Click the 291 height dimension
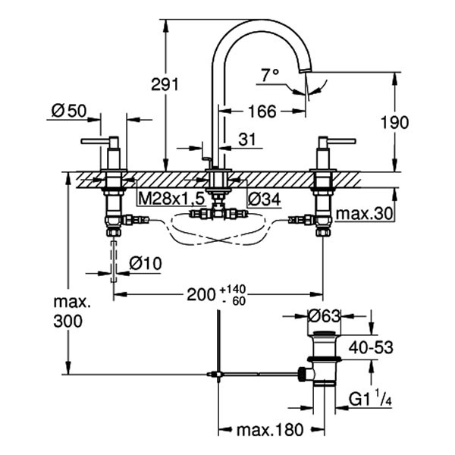[186, 84]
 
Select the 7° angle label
[271, 75]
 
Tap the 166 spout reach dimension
[262, 111]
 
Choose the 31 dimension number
[248, 139]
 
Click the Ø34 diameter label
[263, 199]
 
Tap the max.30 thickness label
[366, 214]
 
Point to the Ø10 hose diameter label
[145, 263]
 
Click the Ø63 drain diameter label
[325, 315]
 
